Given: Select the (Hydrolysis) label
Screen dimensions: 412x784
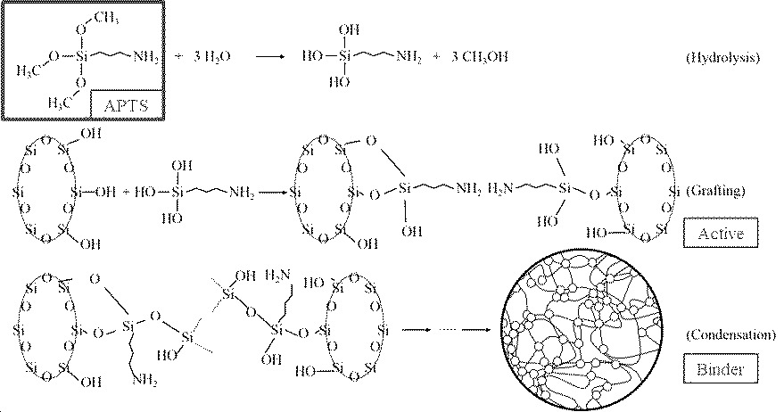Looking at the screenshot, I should (x=722, y=58).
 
